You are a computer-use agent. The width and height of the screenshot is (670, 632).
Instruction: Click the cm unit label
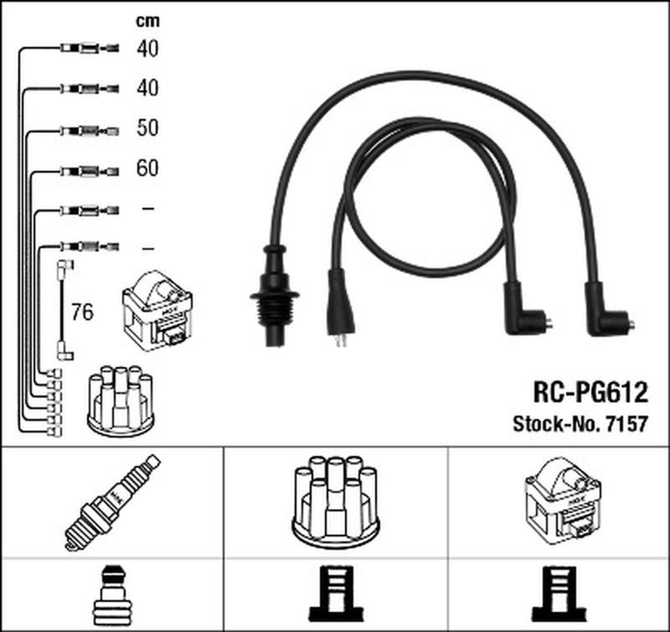pos(147,21)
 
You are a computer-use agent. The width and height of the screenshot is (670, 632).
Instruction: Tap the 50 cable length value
pos(147,128)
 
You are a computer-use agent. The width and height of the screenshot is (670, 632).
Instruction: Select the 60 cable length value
pos(147,168)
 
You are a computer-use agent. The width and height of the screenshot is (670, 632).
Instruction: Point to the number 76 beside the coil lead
pos(82,312)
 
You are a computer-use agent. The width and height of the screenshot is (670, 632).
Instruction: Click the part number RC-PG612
pos(590,392)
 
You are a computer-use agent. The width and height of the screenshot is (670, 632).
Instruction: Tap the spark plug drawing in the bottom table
pos(112,503)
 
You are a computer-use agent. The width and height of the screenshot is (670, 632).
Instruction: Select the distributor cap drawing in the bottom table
pos(336,502)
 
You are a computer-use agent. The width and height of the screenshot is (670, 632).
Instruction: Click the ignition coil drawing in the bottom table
pos(563,501)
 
